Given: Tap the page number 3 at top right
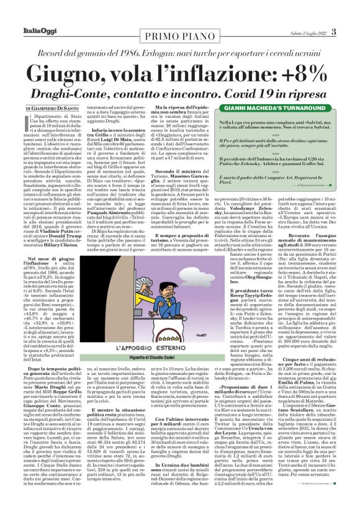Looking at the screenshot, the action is click(x=333, y=32).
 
